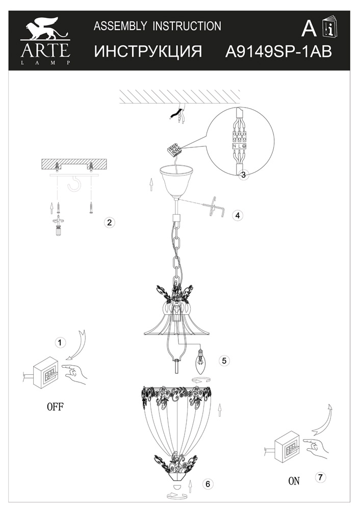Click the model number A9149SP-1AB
pyautogui.click(x=279, y=52)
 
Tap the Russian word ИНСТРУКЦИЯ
pyautogui.click(x=148, y=52)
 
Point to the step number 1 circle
pyautogui.click(x=60, y=343)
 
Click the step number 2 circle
pyautogui.click(x=109, y=222)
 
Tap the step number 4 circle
pyautogui.click(x=238, y=215)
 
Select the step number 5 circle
pyautogui.click(x=224, y=361)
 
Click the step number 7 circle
pyautogui.click(x=320, y=477)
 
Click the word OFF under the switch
pyautogui.click(x=55, y=406)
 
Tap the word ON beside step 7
pyautogui.click(x=294, y=481)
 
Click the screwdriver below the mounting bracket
pyautogui.click(x=59, y=225)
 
